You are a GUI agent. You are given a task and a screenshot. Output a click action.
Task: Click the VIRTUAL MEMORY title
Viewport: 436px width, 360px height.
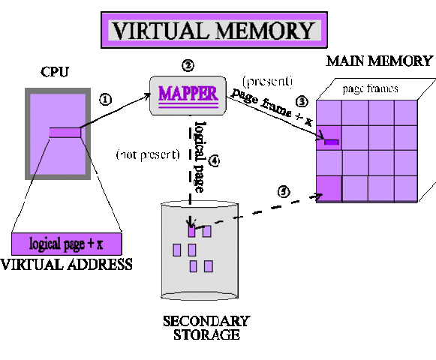pos(212,31)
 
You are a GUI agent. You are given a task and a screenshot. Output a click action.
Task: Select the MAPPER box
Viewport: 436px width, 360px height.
pos(187,94)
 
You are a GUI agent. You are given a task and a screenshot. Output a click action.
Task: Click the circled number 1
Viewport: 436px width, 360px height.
pos(106,98)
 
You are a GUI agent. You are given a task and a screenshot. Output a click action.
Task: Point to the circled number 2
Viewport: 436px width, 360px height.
pos(188,65)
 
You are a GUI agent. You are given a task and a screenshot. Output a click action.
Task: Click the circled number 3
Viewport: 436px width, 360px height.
pos(302,100)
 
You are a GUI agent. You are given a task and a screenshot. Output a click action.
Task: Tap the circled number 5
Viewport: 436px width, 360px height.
pos(282,191)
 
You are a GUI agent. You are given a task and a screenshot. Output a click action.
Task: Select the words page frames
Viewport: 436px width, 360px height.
pos(370,88)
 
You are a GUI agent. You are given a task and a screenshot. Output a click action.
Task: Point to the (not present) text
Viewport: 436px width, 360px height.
pos(146,155)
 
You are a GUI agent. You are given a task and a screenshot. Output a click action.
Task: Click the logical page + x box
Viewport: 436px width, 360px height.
pos(66,244)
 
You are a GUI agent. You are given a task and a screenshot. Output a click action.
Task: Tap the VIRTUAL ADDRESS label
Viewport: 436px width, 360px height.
pos(67,264)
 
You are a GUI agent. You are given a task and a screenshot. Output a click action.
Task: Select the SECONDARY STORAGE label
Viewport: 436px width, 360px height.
pos(206,327)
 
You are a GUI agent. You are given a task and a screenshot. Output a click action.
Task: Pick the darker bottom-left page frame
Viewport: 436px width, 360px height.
pos(329,186)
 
